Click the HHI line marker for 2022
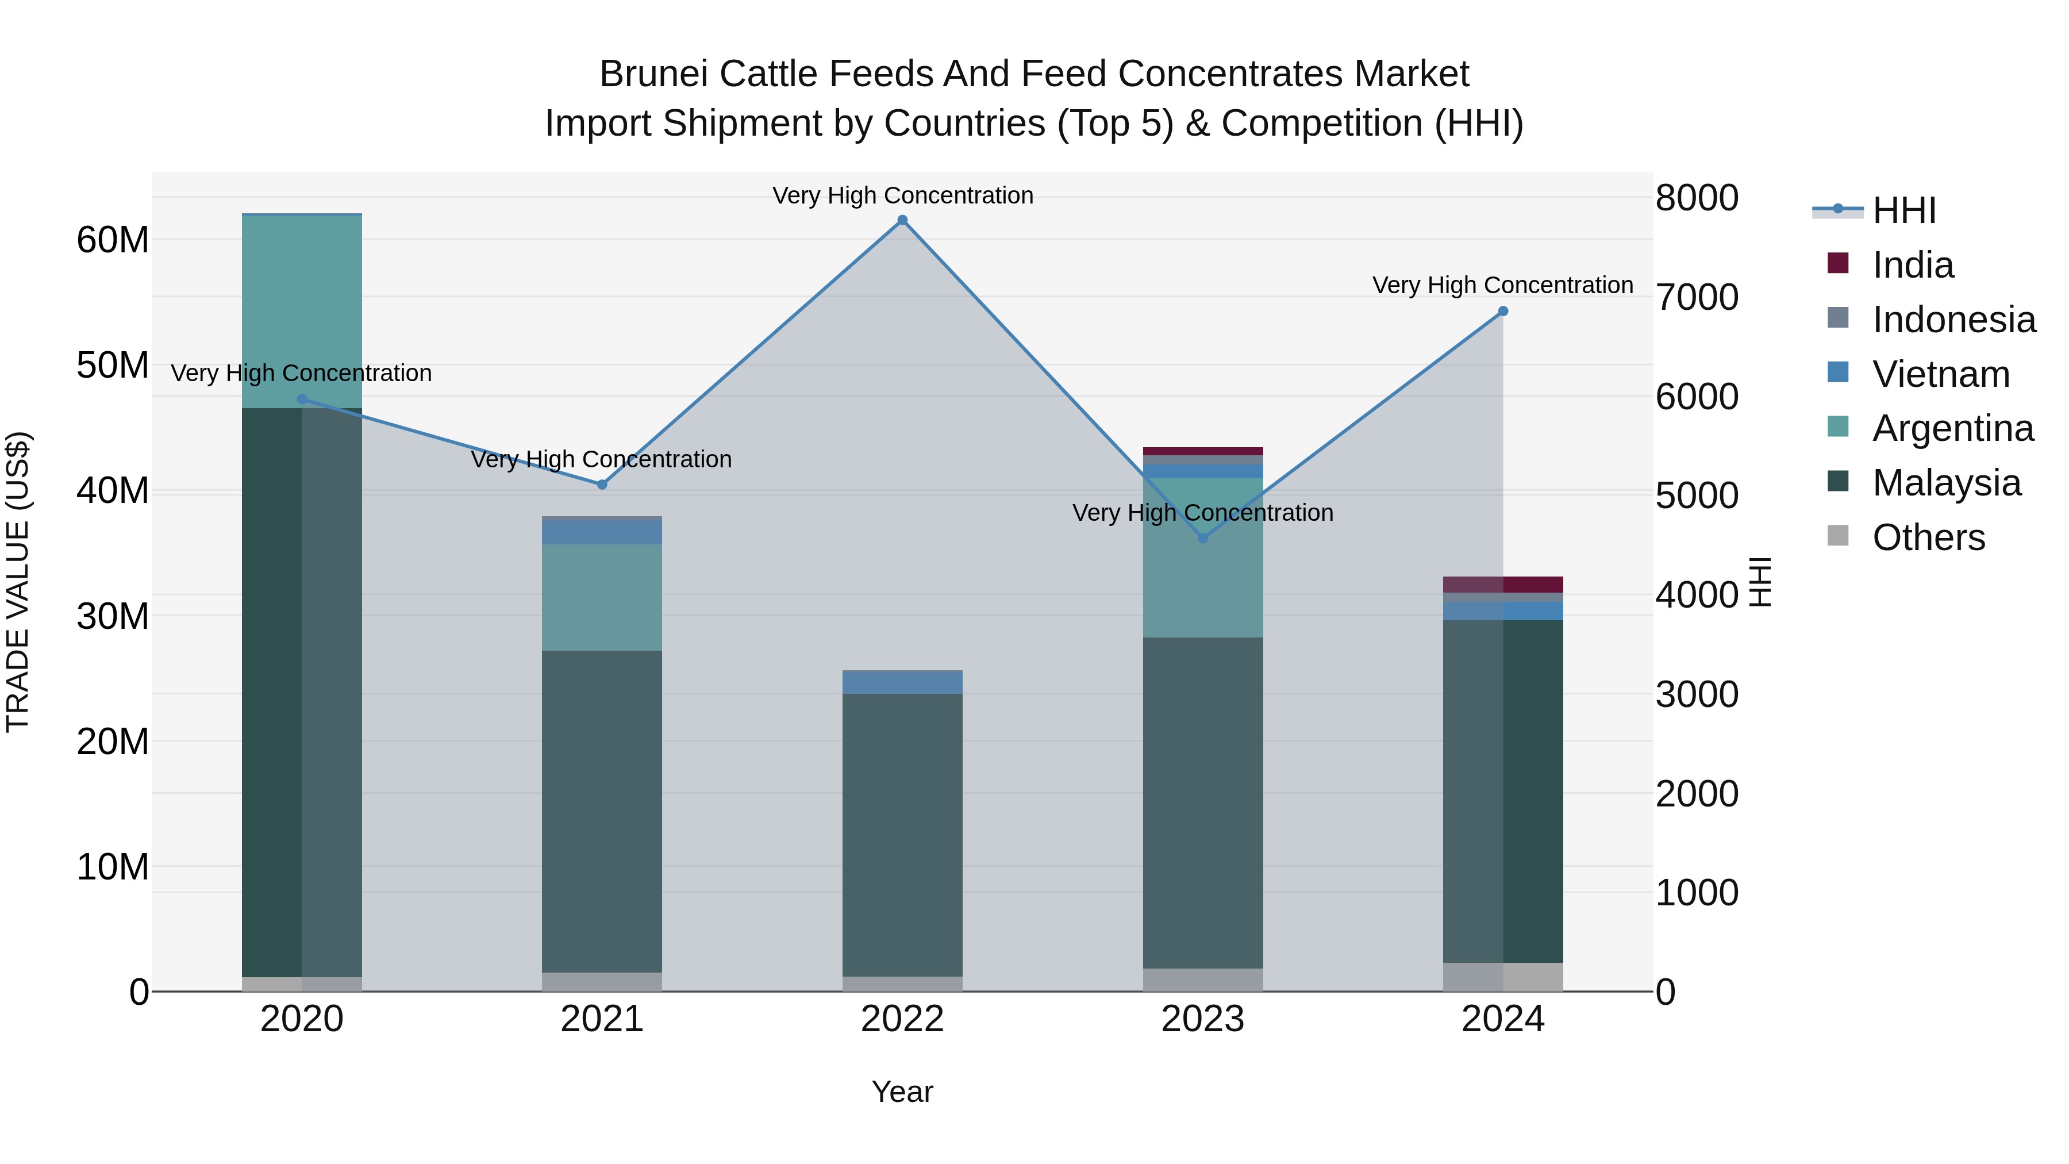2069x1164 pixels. pos(902,220)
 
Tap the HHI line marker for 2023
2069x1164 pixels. pos(1202,538)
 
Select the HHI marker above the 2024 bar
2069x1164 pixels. pos(1503,311)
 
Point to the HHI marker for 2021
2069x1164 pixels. pos(602,485)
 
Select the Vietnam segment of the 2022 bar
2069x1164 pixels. pos(902,682)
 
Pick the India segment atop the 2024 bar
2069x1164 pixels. pos(1503,584)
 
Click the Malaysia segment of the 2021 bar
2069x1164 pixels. pos(602,811)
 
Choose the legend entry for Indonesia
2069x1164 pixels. pos(1953,320)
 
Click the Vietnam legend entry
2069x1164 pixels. pos(1940,374)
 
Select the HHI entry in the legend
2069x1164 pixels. pos(1903,210)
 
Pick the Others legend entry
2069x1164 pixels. pos(1928,537)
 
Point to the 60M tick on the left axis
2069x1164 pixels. pos(113,239)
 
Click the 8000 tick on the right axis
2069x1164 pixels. pos(1697,198)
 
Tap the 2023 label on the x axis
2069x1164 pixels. pos(1202,1019)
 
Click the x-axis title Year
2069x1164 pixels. pos(902,1092)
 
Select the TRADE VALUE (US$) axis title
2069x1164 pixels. pos(18,582)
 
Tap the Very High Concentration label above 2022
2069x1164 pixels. pos(902,195)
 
